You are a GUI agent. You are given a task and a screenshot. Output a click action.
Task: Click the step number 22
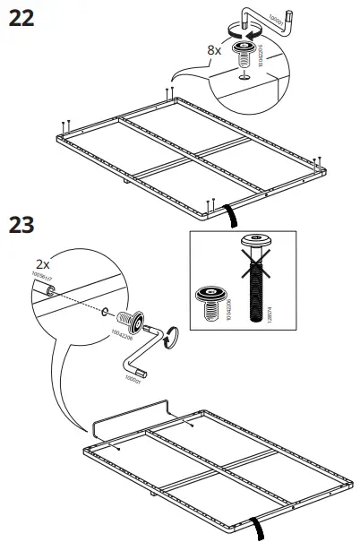click(22, 18)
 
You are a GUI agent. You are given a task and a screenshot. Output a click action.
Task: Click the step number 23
click(22, 225)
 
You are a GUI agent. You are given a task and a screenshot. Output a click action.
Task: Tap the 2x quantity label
click(42, 265)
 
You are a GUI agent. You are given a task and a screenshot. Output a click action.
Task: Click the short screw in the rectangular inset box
click(209, 302)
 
